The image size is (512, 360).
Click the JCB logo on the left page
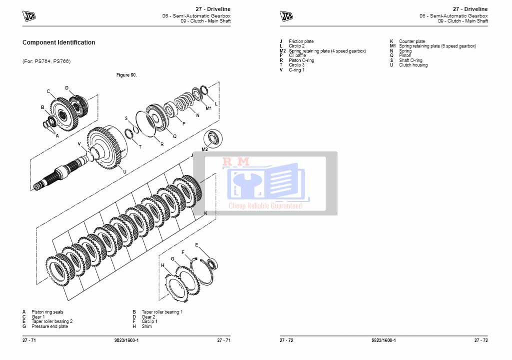[29, 16]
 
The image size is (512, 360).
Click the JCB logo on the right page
[286, 16]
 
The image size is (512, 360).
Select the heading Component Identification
[58, 42]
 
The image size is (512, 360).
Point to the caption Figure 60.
[126, 75]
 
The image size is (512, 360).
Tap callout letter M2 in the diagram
[205, 149]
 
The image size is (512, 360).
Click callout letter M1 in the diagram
[209, 108]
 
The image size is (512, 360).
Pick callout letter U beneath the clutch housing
[124, 171]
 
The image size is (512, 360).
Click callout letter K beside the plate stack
[206, 213]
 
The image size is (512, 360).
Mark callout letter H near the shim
[162, 265]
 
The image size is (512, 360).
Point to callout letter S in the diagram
[126, 118]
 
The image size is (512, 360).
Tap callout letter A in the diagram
[57, 135]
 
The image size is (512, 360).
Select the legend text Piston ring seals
[47, 312]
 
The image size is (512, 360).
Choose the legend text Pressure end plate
[49, 326]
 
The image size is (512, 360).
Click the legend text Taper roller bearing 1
[162, 312]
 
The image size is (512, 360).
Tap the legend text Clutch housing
[413, 65]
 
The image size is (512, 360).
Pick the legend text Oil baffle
[297, 55]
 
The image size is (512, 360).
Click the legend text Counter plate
[412, 41]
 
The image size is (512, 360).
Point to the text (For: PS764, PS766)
[46, 61]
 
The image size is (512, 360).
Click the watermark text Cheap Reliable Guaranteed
[265, 205]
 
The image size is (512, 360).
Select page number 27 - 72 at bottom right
[481, 340]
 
